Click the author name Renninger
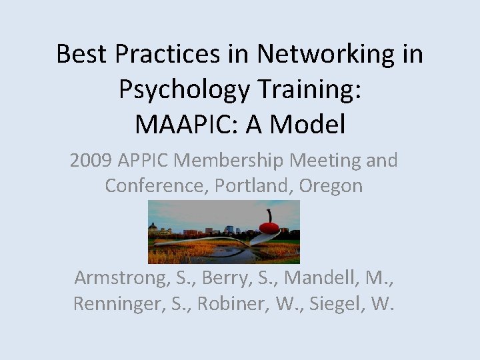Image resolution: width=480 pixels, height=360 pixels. coord(117,305)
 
